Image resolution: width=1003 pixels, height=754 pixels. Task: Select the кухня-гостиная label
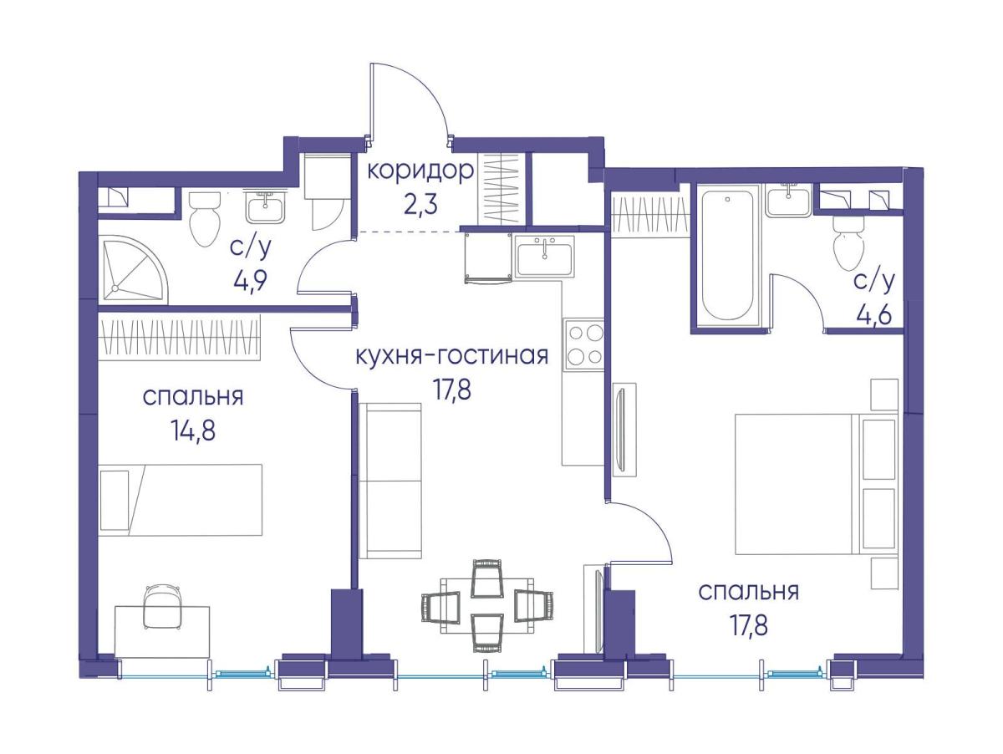(451, 357)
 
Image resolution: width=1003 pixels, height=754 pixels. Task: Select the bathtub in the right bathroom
(726, 254)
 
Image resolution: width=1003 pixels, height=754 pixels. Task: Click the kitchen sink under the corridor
(544, 256)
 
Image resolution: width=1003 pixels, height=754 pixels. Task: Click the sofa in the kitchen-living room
(389, 480)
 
